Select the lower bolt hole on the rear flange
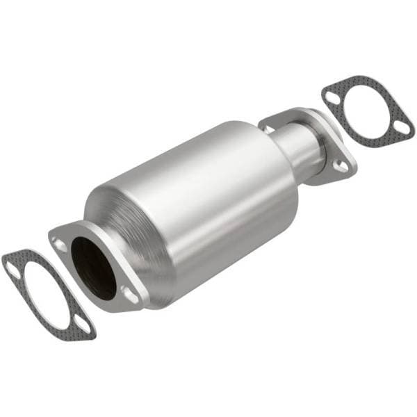click(341, 166)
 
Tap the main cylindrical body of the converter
click(202, 202)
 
